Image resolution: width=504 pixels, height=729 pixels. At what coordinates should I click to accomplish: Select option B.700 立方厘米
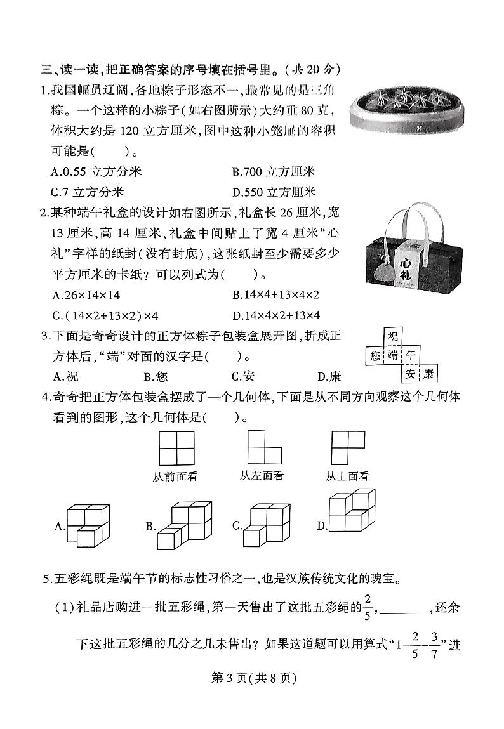(x=274, y=172)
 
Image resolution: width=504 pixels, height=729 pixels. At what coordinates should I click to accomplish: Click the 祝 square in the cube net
(x=394, y=338)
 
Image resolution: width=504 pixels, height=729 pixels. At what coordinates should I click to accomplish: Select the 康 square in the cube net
(x=428, y=374)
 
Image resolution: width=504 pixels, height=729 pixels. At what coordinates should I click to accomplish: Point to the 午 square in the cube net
(x=411, y=356)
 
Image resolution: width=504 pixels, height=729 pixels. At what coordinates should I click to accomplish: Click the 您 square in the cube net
(x=375, y=356)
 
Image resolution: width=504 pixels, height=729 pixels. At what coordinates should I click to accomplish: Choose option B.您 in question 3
(x=156, y=377)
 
